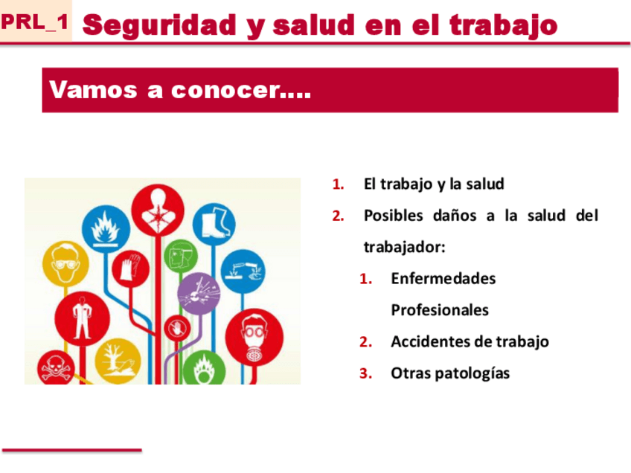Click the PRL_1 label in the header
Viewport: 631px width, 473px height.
35,22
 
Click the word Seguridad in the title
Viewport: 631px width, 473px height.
159,25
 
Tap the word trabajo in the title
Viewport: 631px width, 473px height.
504,25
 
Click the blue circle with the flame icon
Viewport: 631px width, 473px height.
106,229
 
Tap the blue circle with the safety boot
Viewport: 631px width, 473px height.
214,223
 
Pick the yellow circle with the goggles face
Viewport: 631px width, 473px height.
65,264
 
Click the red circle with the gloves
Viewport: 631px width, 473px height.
130,268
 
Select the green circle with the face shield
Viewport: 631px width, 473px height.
181,256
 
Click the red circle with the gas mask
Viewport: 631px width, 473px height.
254,338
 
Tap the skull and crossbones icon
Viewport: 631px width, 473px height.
56,368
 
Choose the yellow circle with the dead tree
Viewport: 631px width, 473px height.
118,362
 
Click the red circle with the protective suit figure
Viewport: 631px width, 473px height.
82,319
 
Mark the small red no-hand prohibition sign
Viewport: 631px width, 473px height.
177,328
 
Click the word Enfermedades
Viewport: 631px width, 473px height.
443,278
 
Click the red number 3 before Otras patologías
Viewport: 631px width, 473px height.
365,373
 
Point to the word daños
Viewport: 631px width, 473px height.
455,216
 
